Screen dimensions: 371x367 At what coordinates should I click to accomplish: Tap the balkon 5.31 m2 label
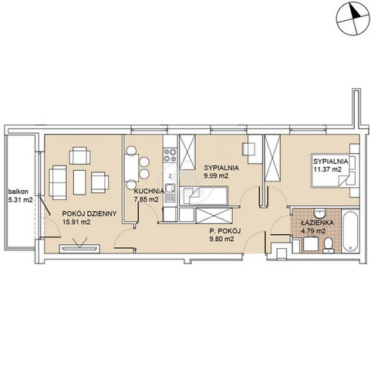click(21, 195)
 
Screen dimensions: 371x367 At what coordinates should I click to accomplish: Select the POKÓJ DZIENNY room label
click(89, 213)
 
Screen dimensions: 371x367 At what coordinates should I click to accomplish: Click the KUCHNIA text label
click(149, 191)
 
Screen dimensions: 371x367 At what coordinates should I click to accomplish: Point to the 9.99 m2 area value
click(217, 175)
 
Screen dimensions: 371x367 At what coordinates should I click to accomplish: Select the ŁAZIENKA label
click(317, 223)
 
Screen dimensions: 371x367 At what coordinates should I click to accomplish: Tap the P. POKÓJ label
click(225, 231)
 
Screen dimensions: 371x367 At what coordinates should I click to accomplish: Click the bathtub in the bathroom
click(350, 231)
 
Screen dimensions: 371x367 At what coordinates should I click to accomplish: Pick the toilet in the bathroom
click(329, 245)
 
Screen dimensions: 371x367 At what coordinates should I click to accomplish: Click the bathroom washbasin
click(319, 212)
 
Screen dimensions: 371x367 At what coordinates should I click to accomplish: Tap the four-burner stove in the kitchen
click(170, 155)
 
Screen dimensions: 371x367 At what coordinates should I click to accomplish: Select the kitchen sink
click(170, 192)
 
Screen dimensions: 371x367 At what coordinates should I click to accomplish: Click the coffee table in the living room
click(79, 182)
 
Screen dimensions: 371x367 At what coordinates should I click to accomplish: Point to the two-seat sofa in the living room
click(57, 182)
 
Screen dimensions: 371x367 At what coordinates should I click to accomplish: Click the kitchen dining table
click(131, 168)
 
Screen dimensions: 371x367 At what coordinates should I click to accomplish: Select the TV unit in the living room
click(79, 249)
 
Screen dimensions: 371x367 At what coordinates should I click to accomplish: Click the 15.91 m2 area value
click(76, 222)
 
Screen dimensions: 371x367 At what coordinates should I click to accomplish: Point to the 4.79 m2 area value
click(313, 231)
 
